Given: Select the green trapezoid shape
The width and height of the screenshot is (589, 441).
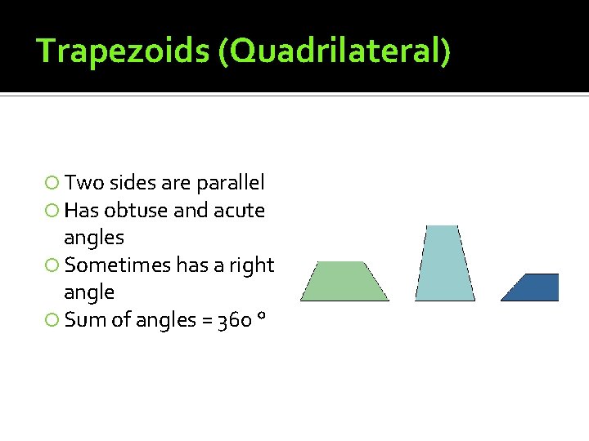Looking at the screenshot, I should pyautogui.click(x=344, y=282).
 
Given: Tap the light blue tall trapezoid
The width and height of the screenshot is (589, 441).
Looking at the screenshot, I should pyautogui.click(x=444, y=264).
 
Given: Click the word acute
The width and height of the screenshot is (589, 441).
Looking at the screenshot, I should pyautogui.click(x=239, y=211).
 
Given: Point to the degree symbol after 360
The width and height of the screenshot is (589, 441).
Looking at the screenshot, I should pyautogui.click(x=260, y=315).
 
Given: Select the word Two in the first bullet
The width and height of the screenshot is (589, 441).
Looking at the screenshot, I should pyautogui.click(x=82, y=183).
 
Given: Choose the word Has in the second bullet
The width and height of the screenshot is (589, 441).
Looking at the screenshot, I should pyautogui.click(x=81, y=211).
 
